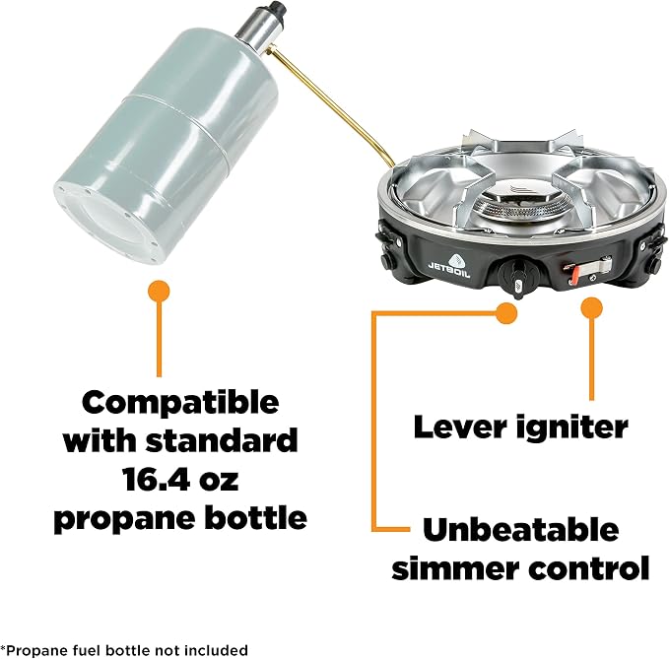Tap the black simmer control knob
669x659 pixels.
517,276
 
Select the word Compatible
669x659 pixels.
180,404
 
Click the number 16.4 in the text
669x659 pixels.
149,479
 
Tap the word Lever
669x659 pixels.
461,427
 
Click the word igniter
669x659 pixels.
572,427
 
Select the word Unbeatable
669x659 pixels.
521,529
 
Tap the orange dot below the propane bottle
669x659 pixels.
159,292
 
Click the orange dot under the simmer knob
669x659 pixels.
506,313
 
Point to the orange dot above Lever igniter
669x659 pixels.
592,308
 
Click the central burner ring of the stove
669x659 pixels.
518,208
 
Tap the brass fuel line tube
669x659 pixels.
328,106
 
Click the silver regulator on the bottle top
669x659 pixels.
258,29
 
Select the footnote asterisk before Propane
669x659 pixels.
3,648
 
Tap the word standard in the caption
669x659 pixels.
221,440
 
